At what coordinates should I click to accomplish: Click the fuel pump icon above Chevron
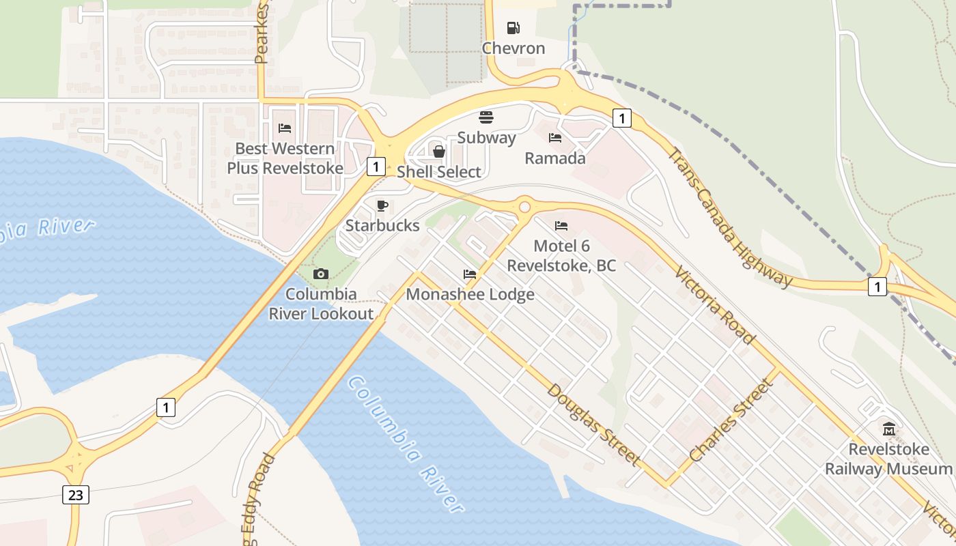(x=513, y=28)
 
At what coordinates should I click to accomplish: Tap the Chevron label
(x=514, y=48)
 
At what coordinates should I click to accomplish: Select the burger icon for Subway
(x=486, y=117)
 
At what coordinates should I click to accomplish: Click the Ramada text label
(x=555, y=158)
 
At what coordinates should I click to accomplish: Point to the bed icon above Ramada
(x=555, y=138)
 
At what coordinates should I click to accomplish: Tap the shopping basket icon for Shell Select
(x=439, y=151)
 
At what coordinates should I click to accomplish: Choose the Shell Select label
(x=439, y=172)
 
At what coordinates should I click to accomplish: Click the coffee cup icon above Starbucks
(x=382, y=205)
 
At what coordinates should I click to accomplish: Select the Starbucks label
(x=382, y=225)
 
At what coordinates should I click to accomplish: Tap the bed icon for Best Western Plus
(x=285, y=128)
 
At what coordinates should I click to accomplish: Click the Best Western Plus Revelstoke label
(x=285, y=158)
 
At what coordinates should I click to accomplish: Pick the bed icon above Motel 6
(x=561, y=225)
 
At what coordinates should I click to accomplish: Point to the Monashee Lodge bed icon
(x=470, y=274)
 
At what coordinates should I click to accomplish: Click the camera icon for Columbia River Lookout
(x=320, y=274)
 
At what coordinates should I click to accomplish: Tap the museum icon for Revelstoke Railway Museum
(x=888, y=429)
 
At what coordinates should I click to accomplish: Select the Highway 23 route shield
(x=75, y=494)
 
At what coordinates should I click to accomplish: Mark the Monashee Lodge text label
(x=470, y=295)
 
